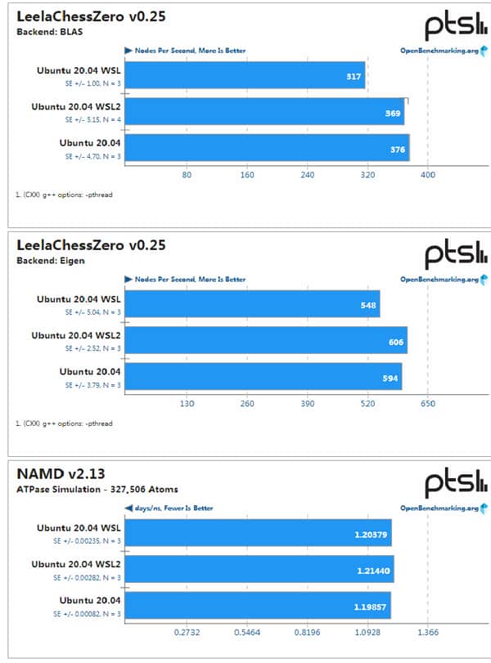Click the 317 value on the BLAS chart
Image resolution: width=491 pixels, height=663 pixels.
[353, 78]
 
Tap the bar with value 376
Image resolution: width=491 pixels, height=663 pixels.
[267, 148]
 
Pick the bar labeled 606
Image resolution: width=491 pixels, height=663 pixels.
[266, 340]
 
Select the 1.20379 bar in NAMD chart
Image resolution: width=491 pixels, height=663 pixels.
[259, 535]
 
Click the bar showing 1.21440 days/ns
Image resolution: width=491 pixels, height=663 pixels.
[259, 570]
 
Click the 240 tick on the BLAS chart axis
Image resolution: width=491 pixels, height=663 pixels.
[307, 175]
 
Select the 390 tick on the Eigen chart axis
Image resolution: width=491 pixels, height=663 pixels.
[307, 403]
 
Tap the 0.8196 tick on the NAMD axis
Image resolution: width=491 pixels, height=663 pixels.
[307, 633]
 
